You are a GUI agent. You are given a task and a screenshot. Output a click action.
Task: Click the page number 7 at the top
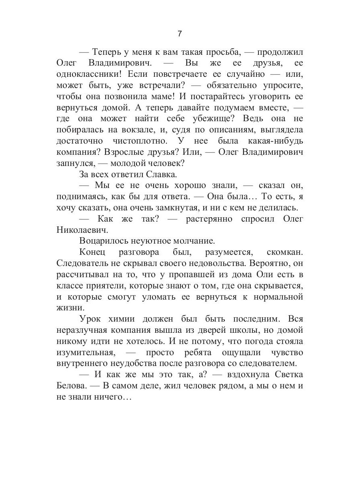coord(180,34)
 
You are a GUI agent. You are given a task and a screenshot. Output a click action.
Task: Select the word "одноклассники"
coord(85,74)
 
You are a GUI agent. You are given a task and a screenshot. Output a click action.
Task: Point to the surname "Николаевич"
coord(80,230)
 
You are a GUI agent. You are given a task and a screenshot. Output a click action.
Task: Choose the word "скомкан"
coord(285,252)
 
